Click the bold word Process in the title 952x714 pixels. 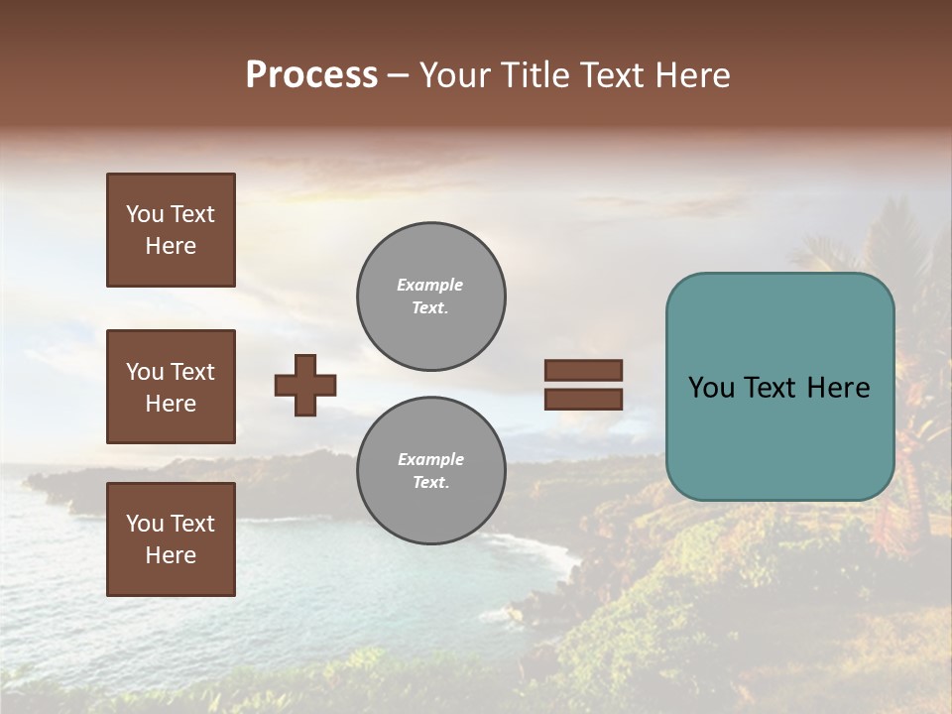pyautogui.click(x=311, y=74)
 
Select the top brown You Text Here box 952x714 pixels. pyautogui.click(x=171, y=230)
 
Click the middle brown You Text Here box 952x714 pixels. pyautogui.click(x=171, y=387)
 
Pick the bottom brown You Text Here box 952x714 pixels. pyautogui.click(x=171, y=539)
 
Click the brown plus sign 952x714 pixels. pyautogui.click(x=305, y=385)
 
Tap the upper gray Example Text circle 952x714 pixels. pyautogui.click(x=430, y=297)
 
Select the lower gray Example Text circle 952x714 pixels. pyautogui.click(x=430, y=471)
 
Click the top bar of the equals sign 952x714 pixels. pyautogui.click(x=583, y=370)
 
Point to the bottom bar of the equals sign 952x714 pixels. pyautogui.click(x=583, y=399)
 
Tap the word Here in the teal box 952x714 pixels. pyautogui.click(x=838, y=387)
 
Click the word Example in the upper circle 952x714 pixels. pyautogui.click(x=430, y=285)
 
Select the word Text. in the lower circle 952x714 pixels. pyautogui.click(x=430, y=483)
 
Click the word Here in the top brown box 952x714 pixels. pyautogui.click(x=171, y=246)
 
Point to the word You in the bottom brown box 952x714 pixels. pyautogui.click(x=145, y=524)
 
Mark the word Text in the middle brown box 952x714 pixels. pyautogui.click(x=192, y=372)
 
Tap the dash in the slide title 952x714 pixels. pyautogui.click(x=399, y=75)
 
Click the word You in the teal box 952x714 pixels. pyautogui.click(x=711, y=387)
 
